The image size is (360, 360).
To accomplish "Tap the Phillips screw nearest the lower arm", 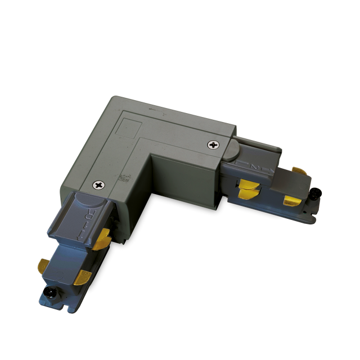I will click(100, 184).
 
